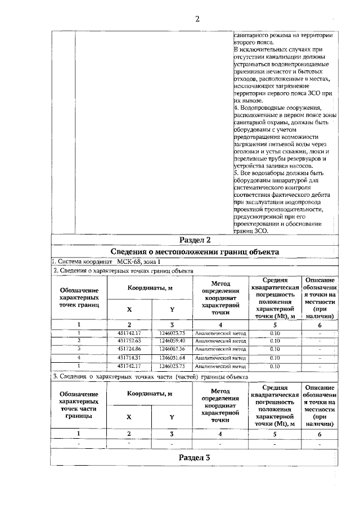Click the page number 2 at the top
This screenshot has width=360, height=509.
click(197, 19)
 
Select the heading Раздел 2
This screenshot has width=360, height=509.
click(194, 240)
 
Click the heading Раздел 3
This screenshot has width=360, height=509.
click(194, 457)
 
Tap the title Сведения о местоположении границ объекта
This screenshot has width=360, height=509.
click(194, 251)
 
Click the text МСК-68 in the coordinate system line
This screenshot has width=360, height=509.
click(130, 262)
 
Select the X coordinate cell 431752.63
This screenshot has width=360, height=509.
click(129, 341)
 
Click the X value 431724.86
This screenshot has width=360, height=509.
click(129, 349)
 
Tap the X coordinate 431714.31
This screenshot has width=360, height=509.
click(129, 358)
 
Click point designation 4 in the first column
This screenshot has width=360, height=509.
click(79, 358)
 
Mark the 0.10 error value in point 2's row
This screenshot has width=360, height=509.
click(275, 341)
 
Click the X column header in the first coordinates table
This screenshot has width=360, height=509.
click(129, 309)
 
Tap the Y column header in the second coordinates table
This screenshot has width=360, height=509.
click(172, 417)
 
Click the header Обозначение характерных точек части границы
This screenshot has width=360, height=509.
click(79, 406)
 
